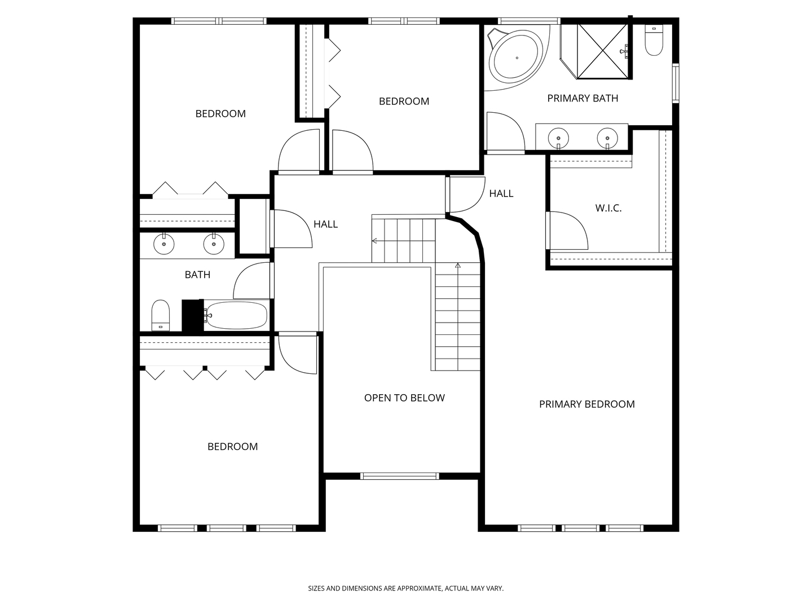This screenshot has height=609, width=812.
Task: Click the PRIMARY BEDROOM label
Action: (586, 404)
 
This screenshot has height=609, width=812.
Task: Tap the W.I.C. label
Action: (608, 208)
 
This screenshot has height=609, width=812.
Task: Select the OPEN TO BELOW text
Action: (404, 398)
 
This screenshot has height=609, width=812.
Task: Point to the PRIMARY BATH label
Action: (582, 98)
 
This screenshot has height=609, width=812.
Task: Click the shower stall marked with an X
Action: (603, 51)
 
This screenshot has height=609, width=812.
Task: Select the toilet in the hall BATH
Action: (161, 315)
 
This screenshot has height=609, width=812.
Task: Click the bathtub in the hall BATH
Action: (236, 315)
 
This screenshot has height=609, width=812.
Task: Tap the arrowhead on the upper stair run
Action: (374, 241)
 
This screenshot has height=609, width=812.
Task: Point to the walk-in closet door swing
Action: (567, 231)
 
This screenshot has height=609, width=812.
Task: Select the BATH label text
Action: (197, 275)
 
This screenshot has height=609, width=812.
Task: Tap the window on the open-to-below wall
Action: (400, 476)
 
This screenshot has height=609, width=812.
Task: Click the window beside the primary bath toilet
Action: (676, 83)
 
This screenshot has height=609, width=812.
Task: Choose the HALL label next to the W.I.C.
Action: (501, 193)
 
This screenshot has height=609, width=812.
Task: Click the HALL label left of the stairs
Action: (325, 224)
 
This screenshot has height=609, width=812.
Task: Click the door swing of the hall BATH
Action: (252, 280)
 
